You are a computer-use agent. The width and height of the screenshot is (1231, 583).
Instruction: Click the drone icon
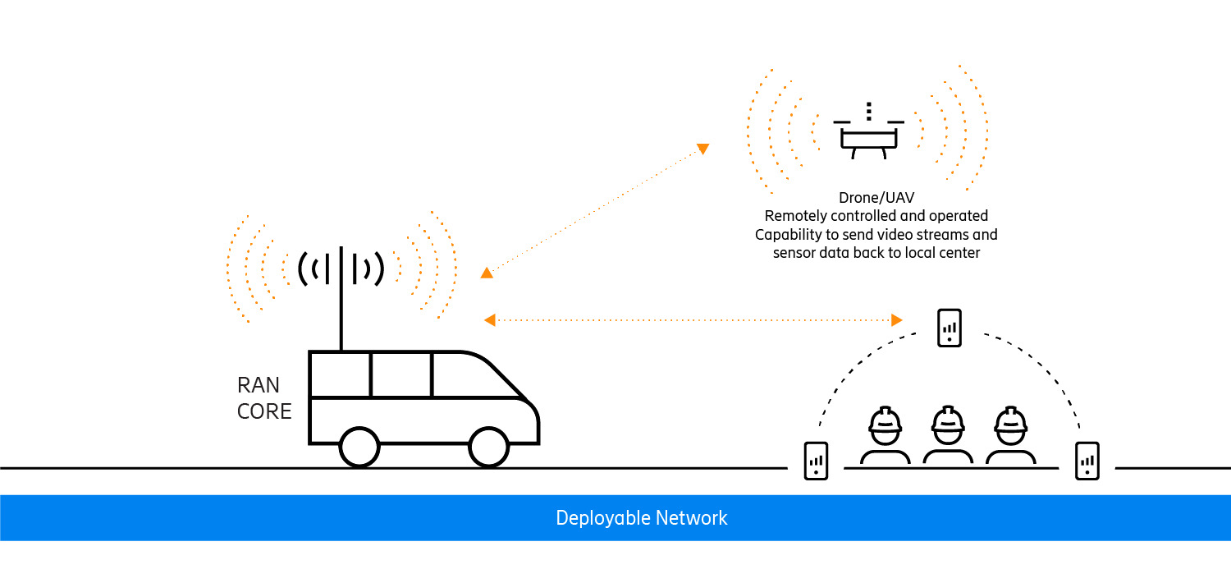869,135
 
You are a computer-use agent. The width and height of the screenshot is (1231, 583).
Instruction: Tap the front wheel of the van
489,447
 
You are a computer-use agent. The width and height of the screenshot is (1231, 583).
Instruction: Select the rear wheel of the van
359,447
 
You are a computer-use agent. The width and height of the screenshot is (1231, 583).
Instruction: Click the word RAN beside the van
259,384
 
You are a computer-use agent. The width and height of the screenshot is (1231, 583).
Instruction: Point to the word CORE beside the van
264,411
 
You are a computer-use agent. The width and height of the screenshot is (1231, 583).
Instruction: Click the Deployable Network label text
641,518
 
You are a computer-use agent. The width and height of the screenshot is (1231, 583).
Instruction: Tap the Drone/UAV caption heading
876,197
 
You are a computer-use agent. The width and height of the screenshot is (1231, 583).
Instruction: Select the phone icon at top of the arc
949,328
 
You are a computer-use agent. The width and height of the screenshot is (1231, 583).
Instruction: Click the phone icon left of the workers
816,461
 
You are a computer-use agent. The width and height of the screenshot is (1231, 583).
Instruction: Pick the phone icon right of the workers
1087,461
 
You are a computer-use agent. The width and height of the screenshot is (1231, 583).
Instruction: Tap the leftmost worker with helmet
885,435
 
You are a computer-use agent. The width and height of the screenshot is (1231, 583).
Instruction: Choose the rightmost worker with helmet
1010,435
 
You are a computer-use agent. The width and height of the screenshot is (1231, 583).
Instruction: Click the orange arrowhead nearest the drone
702,149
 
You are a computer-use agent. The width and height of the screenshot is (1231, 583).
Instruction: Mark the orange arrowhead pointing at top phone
897,319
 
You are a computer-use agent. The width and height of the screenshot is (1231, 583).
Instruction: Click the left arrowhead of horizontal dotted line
490,319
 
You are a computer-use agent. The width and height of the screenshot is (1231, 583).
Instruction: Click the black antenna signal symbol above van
341,268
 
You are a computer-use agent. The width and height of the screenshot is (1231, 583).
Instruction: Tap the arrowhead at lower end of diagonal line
487,273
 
